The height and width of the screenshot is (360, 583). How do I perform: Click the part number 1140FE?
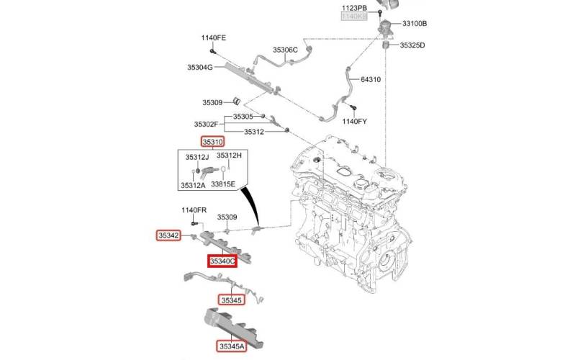tap(214, 38)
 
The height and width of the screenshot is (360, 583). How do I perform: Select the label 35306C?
tap(285, 50)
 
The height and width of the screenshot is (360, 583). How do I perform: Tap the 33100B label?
tap(415, 24)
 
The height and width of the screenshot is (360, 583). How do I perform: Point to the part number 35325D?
tap(412, 45)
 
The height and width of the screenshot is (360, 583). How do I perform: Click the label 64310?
tap(371, 79)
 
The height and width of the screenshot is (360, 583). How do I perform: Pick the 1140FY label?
tap(354, 121)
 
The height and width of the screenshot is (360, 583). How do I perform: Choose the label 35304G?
tap(199, 67)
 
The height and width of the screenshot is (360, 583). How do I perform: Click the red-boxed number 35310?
tap(212, 142)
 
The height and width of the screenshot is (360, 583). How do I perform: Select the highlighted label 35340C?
tap(222, 261)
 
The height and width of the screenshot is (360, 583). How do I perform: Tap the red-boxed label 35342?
tap(169, 235)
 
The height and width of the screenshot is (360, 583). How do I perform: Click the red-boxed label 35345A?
tap(232, 346)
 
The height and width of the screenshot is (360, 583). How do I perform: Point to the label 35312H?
tap(229, 156)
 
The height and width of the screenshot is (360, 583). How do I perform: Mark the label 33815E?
tap(223, 184)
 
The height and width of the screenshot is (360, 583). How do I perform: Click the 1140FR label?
tap(194, 210)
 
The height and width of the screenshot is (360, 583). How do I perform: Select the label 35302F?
tap(206, 125)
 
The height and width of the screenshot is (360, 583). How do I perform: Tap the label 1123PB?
tap(354, 8)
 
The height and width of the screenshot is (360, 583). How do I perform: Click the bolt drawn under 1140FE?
tap(212, 51)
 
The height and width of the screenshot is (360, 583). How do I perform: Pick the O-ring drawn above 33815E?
tap(223, 169)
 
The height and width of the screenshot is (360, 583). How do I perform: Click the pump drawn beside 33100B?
tap(387, 27)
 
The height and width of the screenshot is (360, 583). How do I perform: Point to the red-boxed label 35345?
tap(231, 300)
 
